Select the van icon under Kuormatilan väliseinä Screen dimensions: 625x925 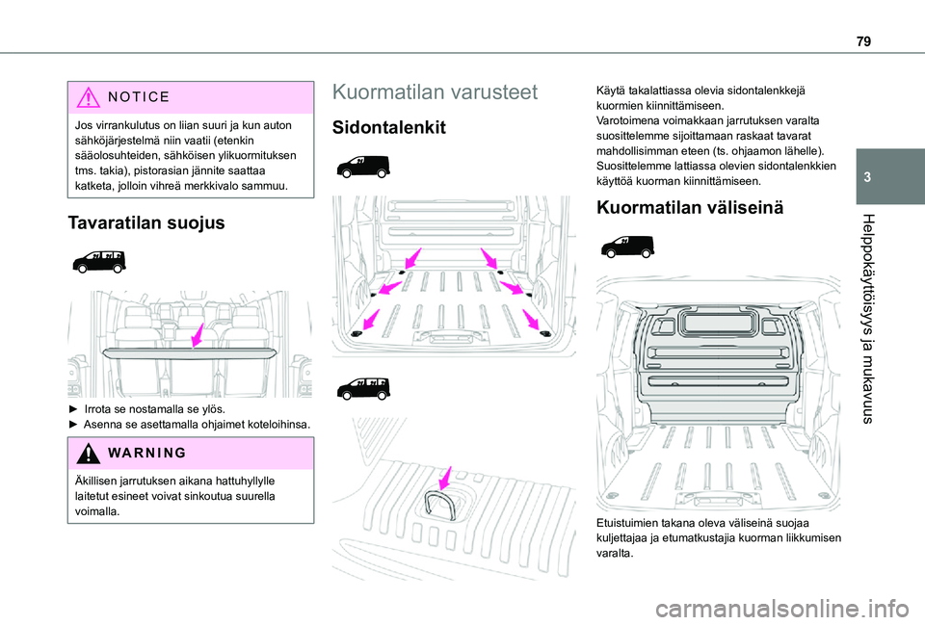coord(626,248)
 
